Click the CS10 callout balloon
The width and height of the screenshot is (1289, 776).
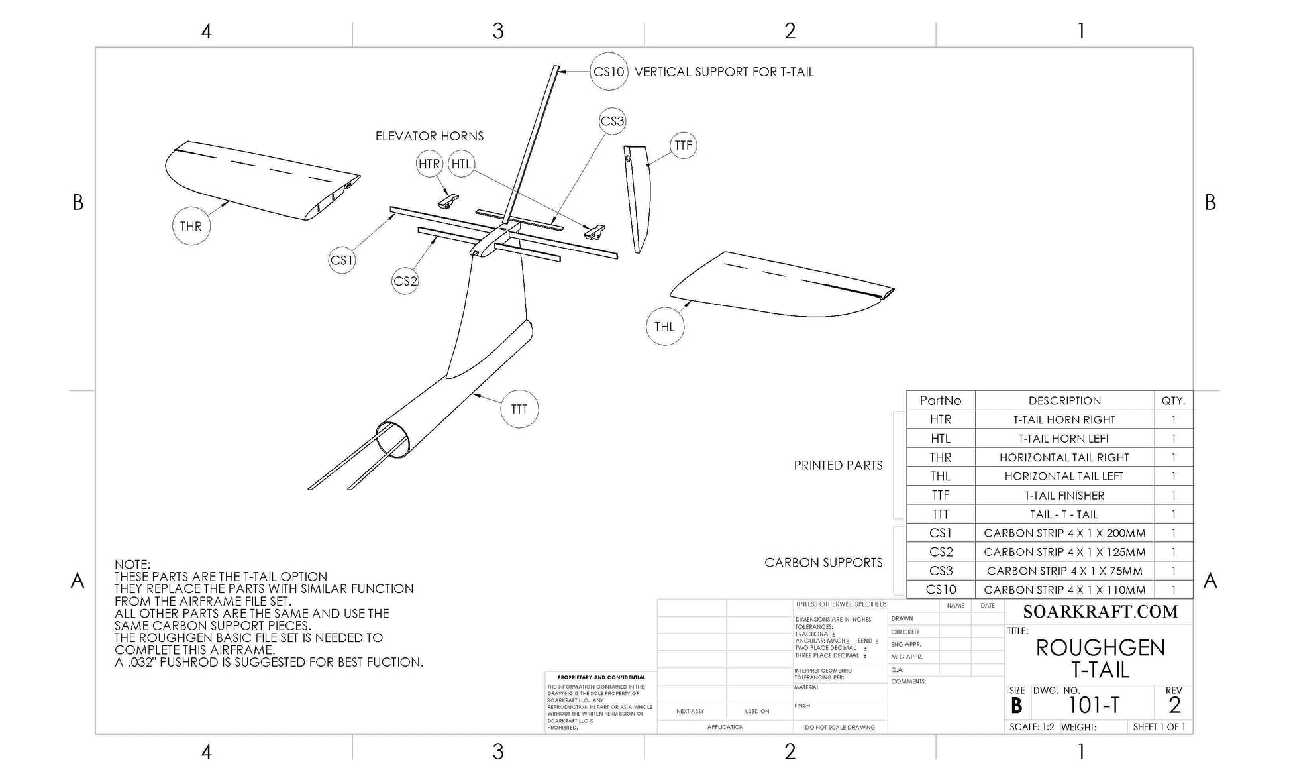[609, 72]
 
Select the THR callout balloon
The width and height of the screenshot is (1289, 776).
[191, 226]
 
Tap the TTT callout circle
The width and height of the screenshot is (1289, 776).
[519, 409]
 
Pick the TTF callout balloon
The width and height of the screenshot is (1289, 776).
[683, 145]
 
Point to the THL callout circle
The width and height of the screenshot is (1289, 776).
[664, 327]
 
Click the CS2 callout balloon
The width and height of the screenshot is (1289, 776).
[405, 281]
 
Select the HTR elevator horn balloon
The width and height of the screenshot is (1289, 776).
[429, 164]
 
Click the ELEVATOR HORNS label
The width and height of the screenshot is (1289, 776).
[429, 136]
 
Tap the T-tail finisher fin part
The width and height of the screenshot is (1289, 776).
[639, 199]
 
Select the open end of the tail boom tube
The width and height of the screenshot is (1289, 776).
[393, 439]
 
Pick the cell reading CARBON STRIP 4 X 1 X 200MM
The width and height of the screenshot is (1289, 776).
[1064, 533]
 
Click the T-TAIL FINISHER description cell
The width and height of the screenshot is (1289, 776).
[1064, 495]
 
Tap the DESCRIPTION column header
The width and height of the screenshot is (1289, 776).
[1064, 400]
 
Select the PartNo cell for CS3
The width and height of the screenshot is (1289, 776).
[941, 571]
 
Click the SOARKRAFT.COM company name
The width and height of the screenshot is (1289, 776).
[1100, 612]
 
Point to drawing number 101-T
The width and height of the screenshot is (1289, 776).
[1094, 706]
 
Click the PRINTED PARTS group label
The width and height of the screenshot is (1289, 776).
[838, 465]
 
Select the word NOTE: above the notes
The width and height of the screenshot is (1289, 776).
[132, 565]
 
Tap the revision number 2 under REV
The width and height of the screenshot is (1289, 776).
[1174, 705]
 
